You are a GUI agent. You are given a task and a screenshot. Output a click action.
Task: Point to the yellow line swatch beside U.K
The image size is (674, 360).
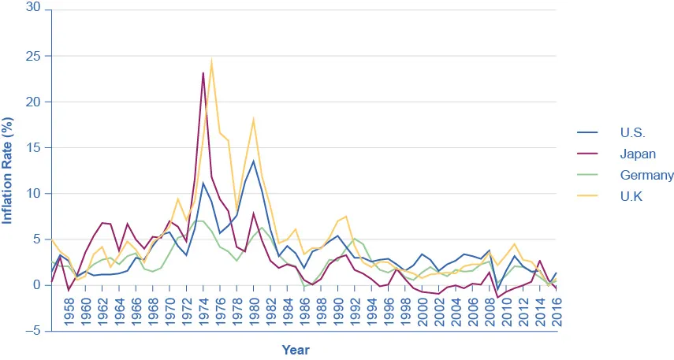tap(587, 197)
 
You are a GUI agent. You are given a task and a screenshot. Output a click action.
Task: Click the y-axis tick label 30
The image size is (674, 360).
tap(34, 10)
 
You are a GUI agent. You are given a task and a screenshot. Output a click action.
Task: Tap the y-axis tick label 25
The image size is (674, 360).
tap(34, 56)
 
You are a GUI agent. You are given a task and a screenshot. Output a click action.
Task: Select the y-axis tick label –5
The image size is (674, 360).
tap(32, 331)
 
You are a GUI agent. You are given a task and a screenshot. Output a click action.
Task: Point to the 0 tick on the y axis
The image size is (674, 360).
tap(37, 285)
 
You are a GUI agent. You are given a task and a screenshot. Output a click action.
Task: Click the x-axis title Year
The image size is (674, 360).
tap(296, 350)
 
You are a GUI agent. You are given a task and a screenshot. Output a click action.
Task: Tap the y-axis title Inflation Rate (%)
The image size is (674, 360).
tap(9, 169)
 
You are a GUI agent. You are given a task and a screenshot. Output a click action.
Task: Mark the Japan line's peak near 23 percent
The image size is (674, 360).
tap(203, 72)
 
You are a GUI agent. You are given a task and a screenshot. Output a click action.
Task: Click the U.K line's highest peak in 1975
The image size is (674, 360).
tap(211, 61)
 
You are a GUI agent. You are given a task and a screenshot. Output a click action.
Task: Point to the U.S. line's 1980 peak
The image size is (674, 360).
tap(253, 161)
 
